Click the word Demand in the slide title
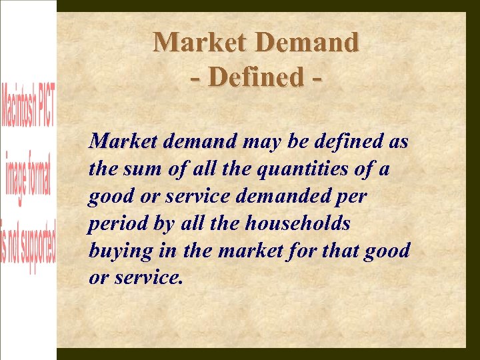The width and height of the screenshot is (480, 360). pyautogui.click(x=307, y=43)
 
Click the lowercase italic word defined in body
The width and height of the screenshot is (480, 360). pyautogui.click(x=346, y=142)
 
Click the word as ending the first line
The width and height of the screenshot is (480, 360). pyautogui.click(x=399, y=142)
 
